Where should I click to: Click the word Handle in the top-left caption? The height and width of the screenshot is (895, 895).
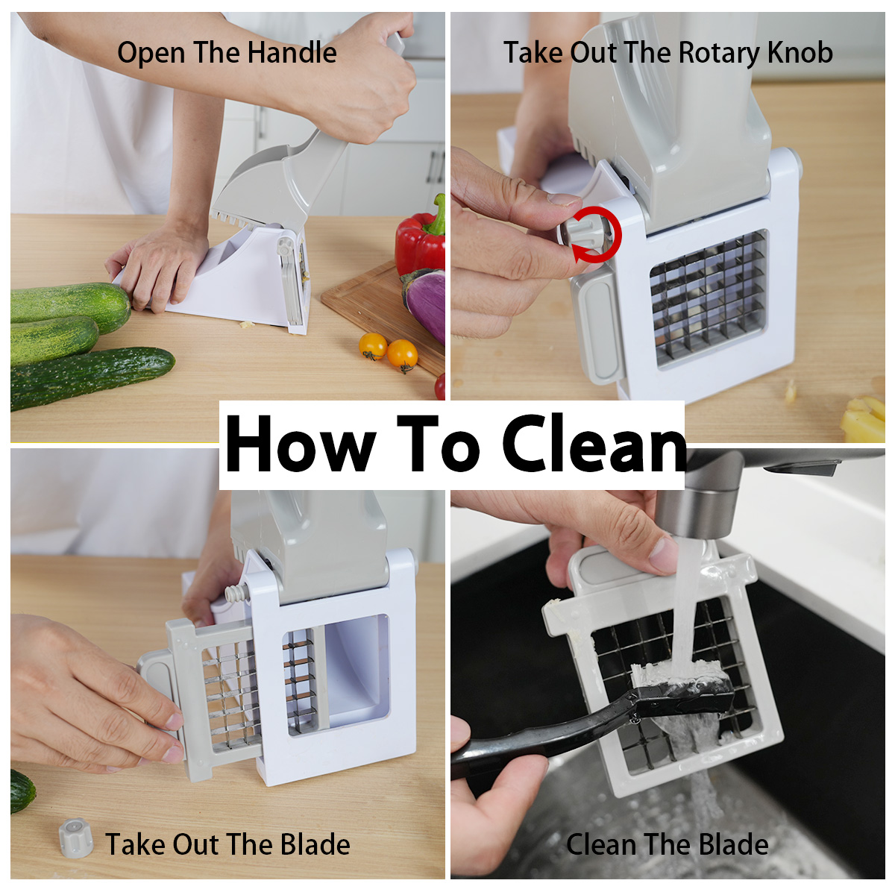(292, 52)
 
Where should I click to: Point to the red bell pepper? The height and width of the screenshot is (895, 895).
(421, 239)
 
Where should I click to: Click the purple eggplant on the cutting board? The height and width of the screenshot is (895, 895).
(424, 302)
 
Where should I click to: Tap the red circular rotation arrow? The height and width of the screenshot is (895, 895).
(597, 234)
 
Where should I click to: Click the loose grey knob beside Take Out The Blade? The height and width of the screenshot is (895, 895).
(75, 838)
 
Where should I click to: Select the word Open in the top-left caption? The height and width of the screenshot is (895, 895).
(151, 54)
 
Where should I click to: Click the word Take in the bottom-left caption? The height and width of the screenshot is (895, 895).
(136, 844)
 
